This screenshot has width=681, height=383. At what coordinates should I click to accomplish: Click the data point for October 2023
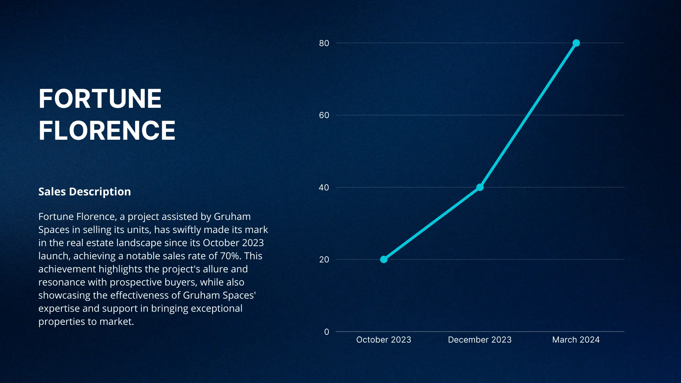(x=384, y=260)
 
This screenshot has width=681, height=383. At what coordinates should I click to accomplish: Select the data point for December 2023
(x=480, y=187)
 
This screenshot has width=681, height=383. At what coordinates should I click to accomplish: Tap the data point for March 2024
(x=576, y=43)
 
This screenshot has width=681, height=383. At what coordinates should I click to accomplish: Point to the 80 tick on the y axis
(x=324, y=43)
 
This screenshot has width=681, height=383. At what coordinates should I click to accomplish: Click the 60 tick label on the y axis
(x=324, y=115)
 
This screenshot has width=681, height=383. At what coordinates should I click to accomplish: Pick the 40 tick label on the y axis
(x=324, y=188)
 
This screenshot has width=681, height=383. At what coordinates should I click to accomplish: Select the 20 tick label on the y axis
(x=324, y=260)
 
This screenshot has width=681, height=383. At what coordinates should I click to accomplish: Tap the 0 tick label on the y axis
(x=326, y=332)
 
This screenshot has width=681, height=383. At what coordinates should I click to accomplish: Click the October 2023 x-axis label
(x=383, y=340)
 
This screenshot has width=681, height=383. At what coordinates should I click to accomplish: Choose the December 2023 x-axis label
(x=480, y=340)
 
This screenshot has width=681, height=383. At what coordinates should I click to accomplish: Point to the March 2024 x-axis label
(x=576, y=340)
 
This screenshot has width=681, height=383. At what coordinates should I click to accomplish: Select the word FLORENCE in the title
(x=107, y=131)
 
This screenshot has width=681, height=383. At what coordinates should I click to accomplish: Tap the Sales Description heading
(x=84, y=191)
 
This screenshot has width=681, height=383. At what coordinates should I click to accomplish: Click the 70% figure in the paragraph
(x=229, y=256)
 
